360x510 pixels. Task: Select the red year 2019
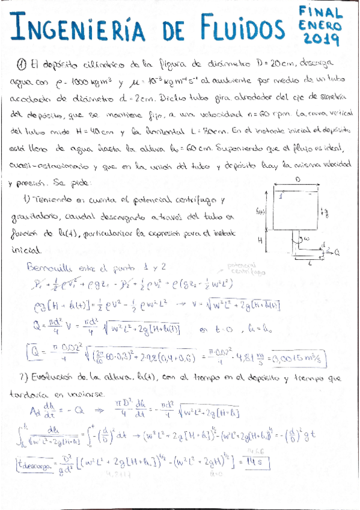[322, 40]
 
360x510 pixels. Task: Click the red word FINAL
[322, 12]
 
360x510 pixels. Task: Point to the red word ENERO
[321, 26]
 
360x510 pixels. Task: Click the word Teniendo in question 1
[50, 200]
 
